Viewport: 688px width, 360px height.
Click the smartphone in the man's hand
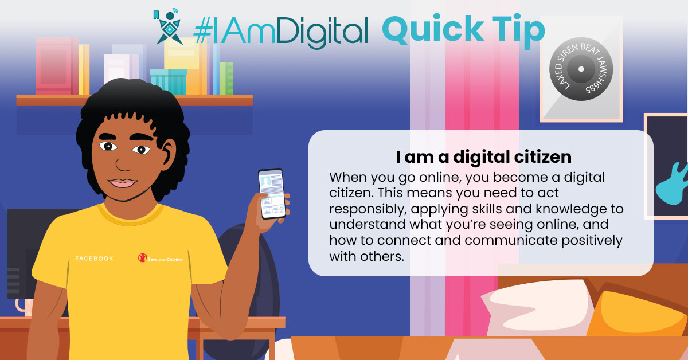[272, 194]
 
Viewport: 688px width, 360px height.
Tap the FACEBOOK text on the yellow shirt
[94, 259]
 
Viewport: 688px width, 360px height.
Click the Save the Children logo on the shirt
[161, 258]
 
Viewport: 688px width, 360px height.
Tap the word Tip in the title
[519, 31]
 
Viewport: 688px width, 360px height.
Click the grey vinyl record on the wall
[581, 69]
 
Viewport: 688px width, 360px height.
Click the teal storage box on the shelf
[169, 82]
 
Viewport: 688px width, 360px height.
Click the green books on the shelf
[226, 79]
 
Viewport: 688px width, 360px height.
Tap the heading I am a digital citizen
[483, 157]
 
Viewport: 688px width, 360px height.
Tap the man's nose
[123, 163]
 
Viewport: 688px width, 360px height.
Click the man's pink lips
[122, 183]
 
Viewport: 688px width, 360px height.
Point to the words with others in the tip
[366, 256]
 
